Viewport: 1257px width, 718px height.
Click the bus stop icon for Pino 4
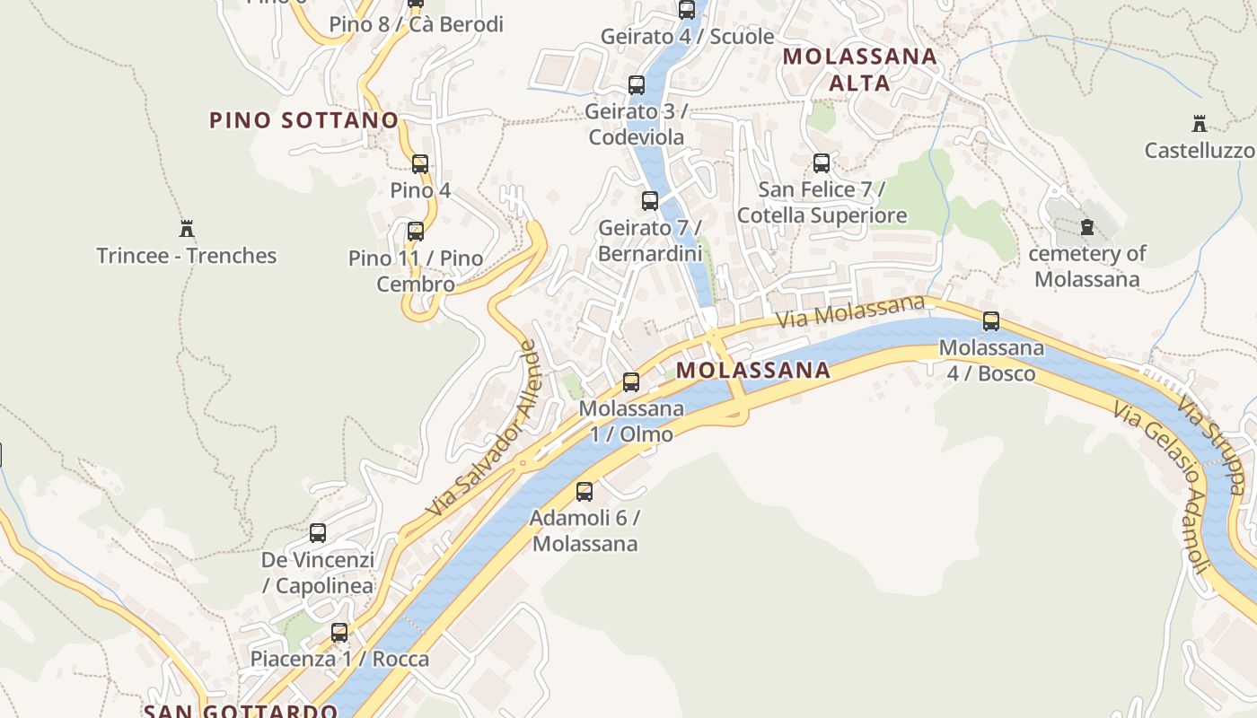click(419, 164)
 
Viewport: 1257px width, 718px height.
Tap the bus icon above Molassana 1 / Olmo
click(631, 382)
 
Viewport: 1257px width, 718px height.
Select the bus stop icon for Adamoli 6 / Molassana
click(585, 492)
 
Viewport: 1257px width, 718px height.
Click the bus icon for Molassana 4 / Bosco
click(991, 321)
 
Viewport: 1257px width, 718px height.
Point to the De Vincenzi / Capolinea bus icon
click(318, 533)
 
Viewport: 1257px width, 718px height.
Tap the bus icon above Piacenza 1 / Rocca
click(339, 633)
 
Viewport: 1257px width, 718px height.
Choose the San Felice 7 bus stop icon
click(822, 163)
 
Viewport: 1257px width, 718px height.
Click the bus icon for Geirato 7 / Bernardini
click(650, 201)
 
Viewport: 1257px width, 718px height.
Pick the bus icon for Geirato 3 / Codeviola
click(637, 86)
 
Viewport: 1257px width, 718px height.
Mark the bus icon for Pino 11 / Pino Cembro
click(416, 232)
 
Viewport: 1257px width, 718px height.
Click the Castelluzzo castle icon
click(1199, 124)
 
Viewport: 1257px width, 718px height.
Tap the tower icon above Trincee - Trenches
click(187, 229)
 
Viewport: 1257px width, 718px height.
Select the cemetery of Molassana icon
click(1087, 227)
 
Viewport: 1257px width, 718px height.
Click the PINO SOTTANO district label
click(303, 120)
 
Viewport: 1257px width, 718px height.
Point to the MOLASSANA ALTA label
click(859, 70)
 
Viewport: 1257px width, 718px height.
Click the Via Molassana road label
click(849, 311)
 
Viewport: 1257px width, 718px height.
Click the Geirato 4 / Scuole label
click(687, 37)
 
